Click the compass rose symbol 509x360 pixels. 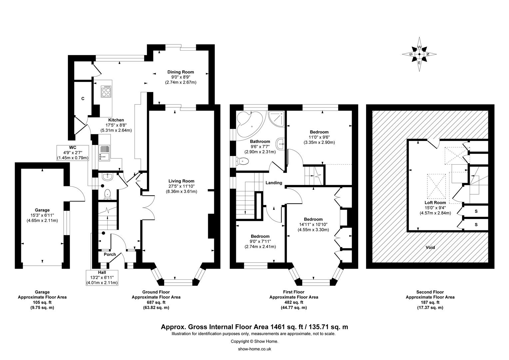click(419, 54)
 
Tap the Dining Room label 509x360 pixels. click(181, 72)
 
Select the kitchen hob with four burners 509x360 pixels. click(106, 91)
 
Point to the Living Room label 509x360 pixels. click(181, 181)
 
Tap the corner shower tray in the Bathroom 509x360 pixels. click(276, 118)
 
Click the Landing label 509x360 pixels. click(274, 183)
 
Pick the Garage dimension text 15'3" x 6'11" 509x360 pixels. click(42, 215)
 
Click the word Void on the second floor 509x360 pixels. click(430, 247)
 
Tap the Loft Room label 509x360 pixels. click(435, 202)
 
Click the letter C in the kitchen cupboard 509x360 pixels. click(83, 99)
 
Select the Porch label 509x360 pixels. click(110, 254)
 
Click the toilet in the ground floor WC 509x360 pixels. click(107, 195)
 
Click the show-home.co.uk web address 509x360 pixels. click(254, 349)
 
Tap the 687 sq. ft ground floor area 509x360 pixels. click(156, 302)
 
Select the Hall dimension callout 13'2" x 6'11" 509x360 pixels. click(102, 277)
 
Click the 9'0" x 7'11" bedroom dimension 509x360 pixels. click(260, 242)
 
